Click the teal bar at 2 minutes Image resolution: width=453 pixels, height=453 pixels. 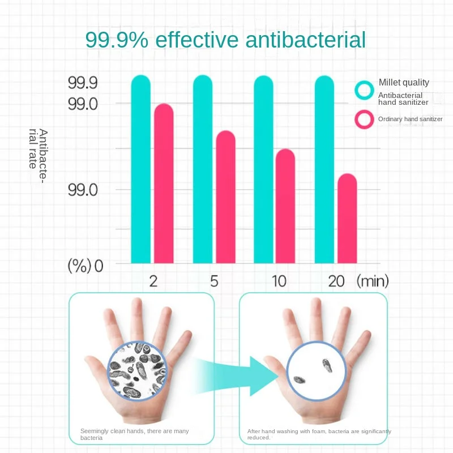tap(141, 170)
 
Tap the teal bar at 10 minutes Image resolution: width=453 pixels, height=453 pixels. tap(263, 170)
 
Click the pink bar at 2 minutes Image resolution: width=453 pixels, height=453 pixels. tap(164, 183)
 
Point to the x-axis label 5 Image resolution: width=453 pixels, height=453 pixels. tap(214, 281)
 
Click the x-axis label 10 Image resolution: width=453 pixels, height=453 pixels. tap(279, 281)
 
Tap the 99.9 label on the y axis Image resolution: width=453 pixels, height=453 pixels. tap(83, 83)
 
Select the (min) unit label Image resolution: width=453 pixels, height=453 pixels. tap(372, 281)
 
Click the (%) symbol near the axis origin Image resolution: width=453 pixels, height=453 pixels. tap(79, 266)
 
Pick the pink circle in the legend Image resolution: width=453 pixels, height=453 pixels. tap(364, 119)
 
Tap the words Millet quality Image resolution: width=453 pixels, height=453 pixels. tap(404, 83)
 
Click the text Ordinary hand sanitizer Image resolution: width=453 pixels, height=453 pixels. tap(410, 119)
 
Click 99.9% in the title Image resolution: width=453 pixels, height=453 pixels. tap(118, 40)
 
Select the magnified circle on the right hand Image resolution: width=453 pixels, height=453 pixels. tap(315, 371)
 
